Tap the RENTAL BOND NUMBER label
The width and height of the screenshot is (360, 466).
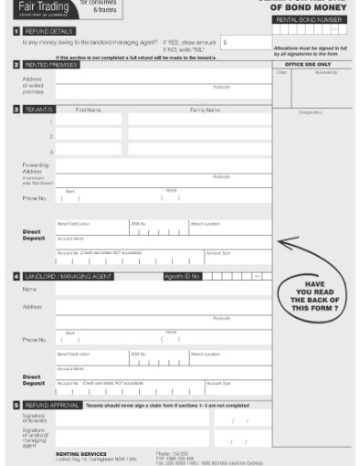click(309, 19)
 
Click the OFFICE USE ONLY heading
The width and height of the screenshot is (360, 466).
click(308, 65)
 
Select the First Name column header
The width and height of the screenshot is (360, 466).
click(89, 110)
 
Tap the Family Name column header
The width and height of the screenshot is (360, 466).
click(205, 110)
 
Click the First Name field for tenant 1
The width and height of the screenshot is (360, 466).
click(89, 121)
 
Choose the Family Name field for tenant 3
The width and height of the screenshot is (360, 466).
click(198, 150)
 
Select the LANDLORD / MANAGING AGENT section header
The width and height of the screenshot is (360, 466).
click(69, 275)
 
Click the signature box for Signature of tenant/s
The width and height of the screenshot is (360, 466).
click(132, 419)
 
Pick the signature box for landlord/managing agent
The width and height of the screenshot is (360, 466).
click(132, 439)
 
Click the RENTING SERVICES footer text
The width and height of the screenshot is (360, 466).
click(81, 452)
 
